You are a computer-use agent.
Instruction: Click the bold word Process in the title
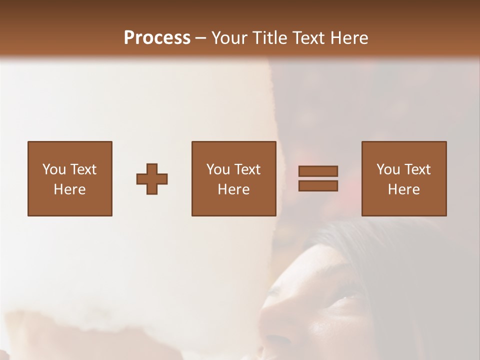(x=157, y=38)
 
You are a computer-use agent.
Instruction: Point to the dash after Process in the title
(x=201, y=38)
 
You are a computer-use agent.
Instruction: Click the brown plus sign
(x=152, y=179)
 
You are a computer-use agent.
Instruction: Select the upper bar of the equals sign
(x=318, y=171)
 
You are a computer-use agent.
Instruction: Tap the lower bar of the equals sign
(x=318, y=186)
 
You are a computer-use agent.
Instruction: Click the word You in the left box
(x=53, y=169)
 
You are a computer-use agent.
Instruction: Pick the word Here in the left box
(x=69, y=189)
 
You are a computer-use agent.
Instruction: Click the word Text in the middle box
(x=247, y=169)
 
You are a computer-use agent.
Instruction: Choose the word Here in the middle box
(x=233, y=189)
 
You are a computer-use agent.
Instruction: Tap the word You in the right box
(x=387, y=169)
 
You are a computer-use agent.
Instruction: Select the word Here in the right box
(x=403, y=189)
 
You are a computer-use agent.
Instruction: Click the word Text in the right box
(x=417, y=169)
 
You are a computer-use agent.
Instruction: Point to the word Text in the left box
(x=83, y=169)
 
